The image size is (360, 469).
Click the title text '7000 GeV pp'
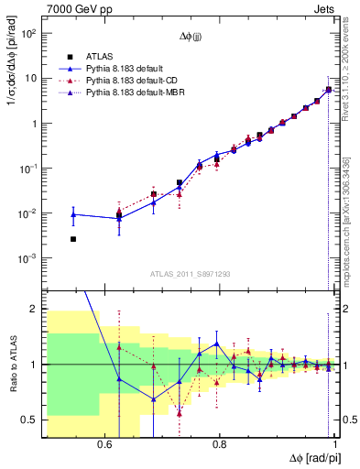tap(73, 8)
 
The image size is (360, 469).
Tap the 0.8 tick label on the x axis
tap(219, 444)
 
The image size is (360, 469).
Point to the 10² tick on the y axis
tap(27, 34)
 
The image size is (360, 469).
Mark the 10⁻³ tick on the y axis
tap(27, 258)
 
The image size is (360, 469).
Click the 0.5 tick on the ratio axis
tap(29, 420)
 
